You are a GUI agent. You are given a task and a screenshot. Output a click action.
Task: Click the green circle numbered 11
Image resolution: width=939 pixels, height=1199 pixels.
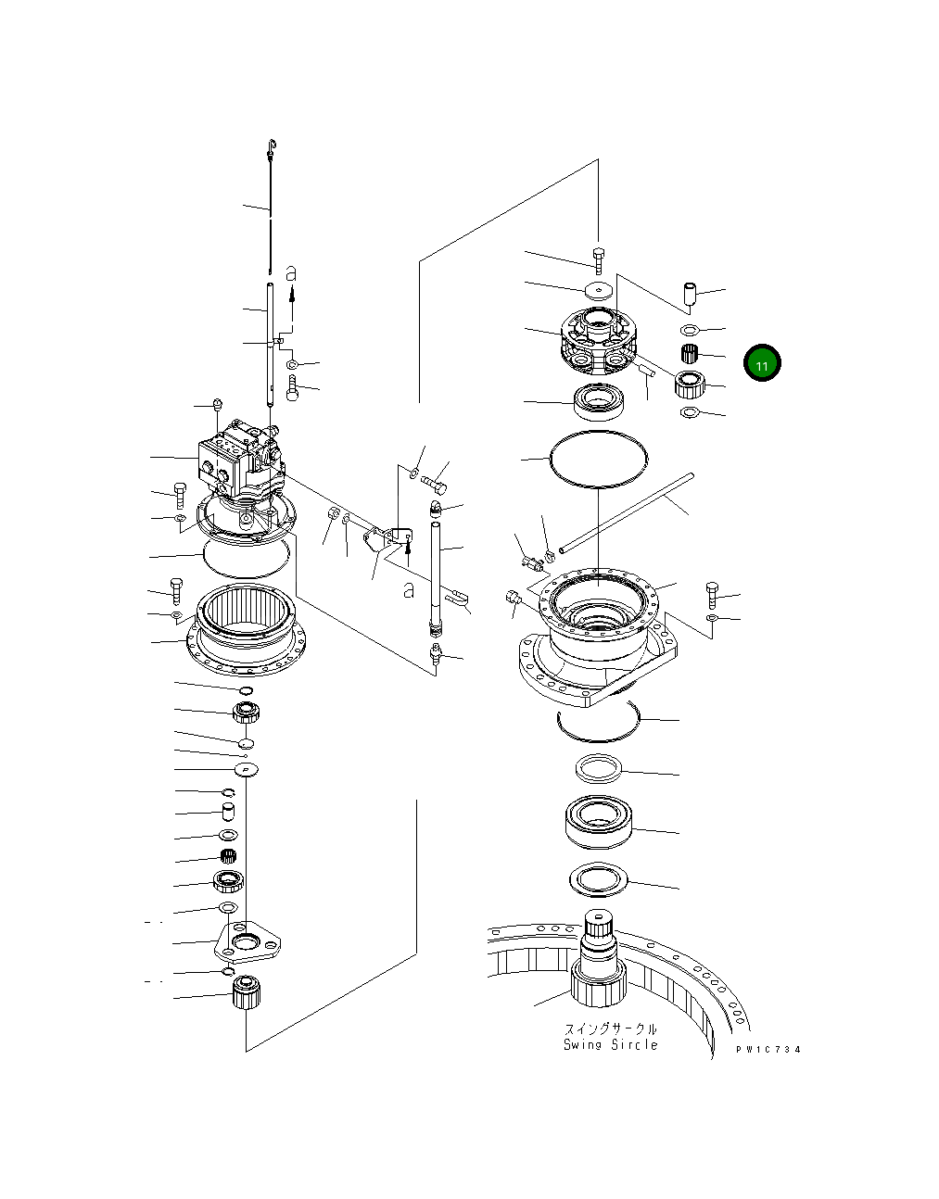pos(762,364)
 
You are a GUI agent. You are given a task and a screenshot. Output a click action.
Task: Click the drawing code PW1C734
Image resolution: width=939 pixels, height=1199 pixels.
pos(768,1049)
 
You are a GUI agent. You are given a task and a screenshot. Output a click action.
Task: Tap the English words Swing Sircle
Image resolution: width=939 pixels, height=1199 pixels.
pos(610,1044)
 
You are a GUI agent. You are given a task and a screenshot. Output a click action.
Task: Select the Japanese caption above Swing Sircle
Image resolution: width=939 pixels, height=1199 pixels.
pos(610,1029)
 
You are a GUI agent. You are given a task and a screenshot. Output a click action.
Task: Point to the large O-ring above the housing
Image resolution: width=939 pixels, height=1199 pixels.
pos(598,459)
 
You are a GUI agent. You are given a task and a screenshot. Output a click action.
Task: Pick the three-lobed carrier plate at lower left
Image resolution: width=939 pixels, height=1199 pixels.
pos(247,941)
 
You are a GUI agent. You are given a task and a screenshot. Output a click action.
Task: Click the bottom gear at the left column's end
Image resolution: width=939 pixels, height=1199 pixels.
pos(246,994)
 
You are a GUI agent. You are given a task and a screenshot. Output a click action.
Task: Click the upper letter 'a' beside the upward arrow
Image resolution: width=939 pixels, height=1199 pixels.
pos(291,273)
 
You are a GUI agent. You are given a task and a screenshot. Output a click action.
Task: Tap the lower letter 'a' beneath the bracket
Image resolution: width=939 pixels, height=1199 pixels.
pos(408,589)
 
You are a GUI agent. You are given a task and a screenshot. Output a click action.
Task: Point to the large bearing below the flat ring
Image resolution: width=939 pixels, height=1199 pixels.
pos(599,820)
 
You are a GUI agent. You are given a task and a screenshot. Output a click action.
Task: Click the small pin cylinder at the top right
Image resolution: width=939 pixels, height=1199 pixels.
pos(690,296)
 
